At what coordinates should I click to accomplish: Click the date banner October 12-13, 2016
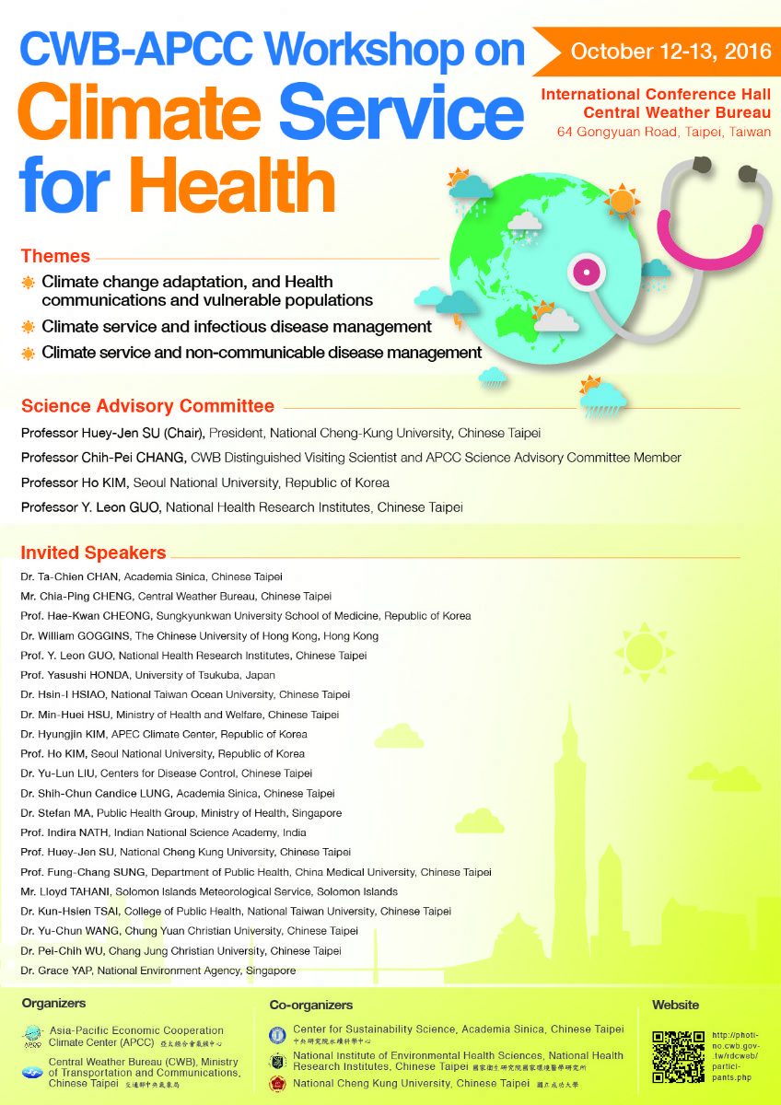click(670, 51)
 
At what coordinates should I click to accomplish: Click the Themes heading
click(55, 256)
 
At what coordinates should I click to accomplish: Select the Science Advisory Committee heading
click(147, 406)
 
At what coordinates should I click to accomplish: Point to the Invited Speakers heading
click(93, 553)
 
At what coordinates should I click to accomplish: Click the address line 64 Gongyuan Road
click(664, 132)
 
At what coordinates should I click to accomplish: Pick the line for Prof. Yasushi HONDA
click(147, 675)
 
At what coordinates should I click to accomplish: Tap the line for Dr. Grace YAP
click(157, 971)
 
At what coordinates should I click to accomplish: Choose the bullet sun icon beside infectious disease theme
click(29, 327)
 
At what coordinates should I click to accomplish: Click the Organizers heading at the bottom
click(53, 1003)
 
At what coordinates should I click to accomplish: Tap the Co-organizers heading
click(310, 1005)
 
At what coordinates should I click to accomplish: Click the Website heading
click(675, 1005)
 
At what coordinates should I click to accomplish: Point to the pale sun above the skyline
click(644, 656)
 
